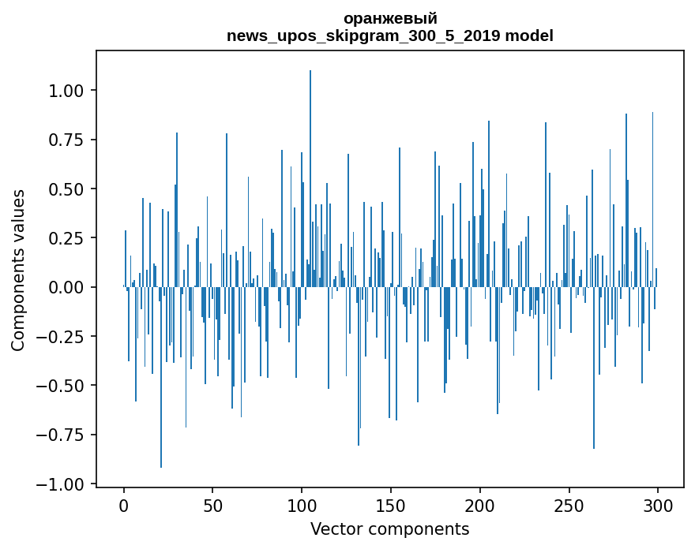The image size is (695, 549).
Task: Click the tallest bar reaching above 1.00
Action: (310, 178)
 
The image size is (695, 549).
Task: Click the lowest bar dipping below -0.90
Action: (161, 377)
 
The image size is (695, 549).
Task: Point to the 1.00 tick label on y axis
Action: (66, 91)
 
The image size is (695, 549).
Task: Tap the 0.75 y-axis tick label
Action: (66, 140)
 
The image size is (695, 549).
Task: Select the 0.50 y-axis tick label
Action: (66, 189)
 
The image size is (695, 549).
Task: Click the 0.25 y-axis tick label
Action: (66, 238)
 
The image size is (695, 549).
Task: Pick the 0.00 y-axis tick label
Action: (66, 287)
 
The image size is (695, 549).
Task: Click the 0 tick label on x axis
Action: (124, 505)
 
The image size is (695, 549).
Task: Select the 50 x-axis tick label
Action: (212, 505)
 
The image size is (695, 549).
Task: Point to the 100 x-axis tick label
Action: (302, 505)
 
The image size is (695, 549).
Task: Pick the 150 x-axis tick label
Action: (390, 505)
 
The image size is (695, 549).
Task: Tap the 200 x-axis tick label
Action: (479, 505)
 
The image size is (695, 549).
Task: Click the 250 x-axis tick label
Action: (569, 505)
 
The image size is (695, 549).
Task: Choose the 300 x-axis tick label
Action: (658, 505)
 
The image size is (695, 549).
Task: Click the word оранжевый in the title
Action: (390, 19)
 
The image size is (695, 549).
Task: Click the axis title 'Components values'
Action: (17, 271)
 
